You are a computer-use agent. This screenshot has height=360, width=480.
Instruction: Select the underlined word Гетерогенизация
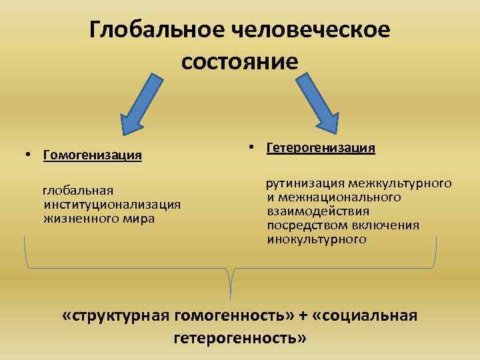[x=321, y=147]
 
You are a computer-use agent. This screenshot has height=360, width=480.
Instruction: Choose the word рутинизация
[x=305, y=183]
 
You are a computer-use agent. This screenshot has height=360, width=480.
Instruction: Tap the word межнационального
[x=333, y=197]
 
